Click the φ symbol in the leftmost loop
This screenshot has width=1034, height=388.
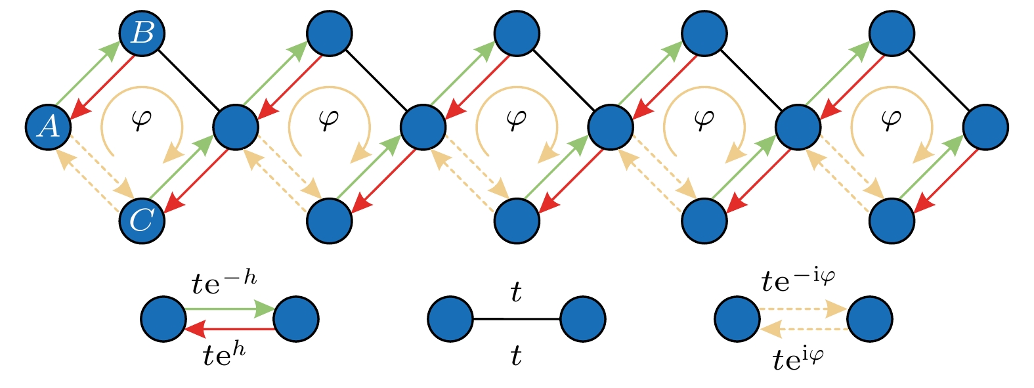[x=142, y=119]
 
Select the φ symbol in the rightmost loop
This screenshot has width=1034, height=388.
[x=891, y=119]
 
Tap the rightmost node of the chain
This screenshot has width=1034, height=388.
[x=985, y=127]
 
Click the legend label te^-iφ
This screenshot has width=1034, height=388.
[x=798, y=281]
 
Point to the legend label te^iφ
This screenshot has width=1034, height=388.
[x=798, y=359]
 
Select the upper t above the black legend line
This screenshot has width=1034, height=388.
[x=517, y=292]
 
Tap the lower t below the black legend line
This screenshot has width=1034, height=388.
[x=517, y=356]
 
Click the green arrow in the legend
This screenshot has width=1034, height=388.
[x=230, y=309]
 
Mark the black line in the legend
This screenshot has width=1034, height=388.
[x=517, y=319]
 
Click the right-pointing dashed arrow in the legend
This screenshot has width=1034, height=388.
[x=804, y=309]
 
